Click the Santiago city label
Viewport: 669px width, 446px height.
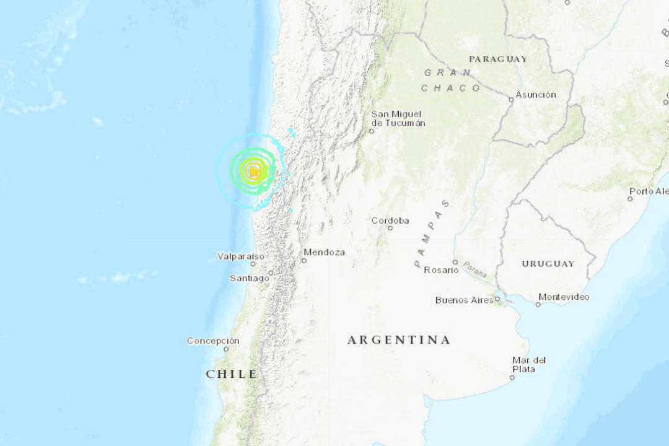pos(250,278)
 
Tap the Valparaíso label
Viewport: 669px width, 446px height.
pos(240,256)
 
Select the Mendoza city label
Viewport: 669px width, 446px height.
pos(324,252)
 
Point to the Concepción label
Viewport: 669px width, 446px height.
pos(213,341)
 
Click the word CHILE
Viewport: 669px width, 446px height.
pos(232,374)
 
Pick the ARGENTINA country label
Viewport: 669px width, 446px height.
pos(398,339)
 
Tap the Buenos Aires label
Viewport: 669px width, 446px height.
pos(464,300)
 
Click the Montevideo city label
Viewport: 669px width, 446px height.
pos(564,297)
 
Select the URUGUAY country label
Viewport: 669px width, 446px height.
pos(548,263)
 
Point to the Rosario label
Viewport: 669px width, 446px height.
pos(441,270)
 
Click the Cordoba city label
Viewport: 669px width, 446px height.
pos(390,221)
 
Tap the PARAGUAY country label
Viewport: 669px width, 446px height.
pos(498,59)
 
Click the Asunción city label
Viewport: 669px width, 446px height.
pos(536,95)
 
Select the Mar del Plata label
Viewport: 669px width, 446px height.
pos(528,364)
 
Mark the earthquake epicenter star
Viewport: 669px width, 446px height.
pos(253,171)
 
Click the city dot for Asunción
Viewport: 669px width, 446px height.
pos(511,99)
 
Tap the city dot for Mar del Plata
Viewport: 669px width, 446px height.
pos(512,377)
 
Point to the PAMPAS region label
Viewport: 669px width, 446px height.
pos(432,233)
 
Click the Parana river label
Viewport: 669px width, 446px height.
pos(474,270)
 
